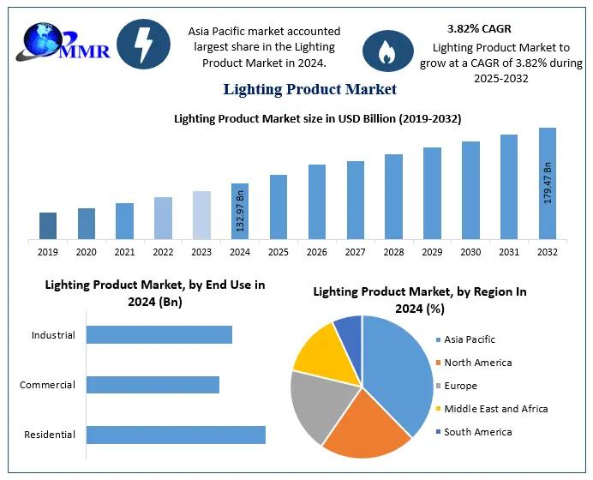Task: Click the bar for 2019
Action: point(48,225)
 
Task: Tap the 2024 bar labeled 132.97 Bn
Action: point(240,211)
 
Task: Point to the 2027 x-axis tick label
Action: point(356,252)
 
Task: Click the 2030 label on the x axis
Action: point(470,252)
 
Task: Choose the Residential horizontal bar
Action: point(176,435)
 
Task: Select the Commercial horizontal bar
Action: point(153,385)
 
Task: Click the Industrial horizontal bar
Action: point(159,335)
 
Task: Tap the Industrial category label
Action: point(53,335)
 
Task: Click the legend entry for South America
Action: point(477,432)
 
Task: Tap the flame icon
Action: point(387,51)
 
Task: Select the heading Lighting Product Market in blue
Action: point(310,89)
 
